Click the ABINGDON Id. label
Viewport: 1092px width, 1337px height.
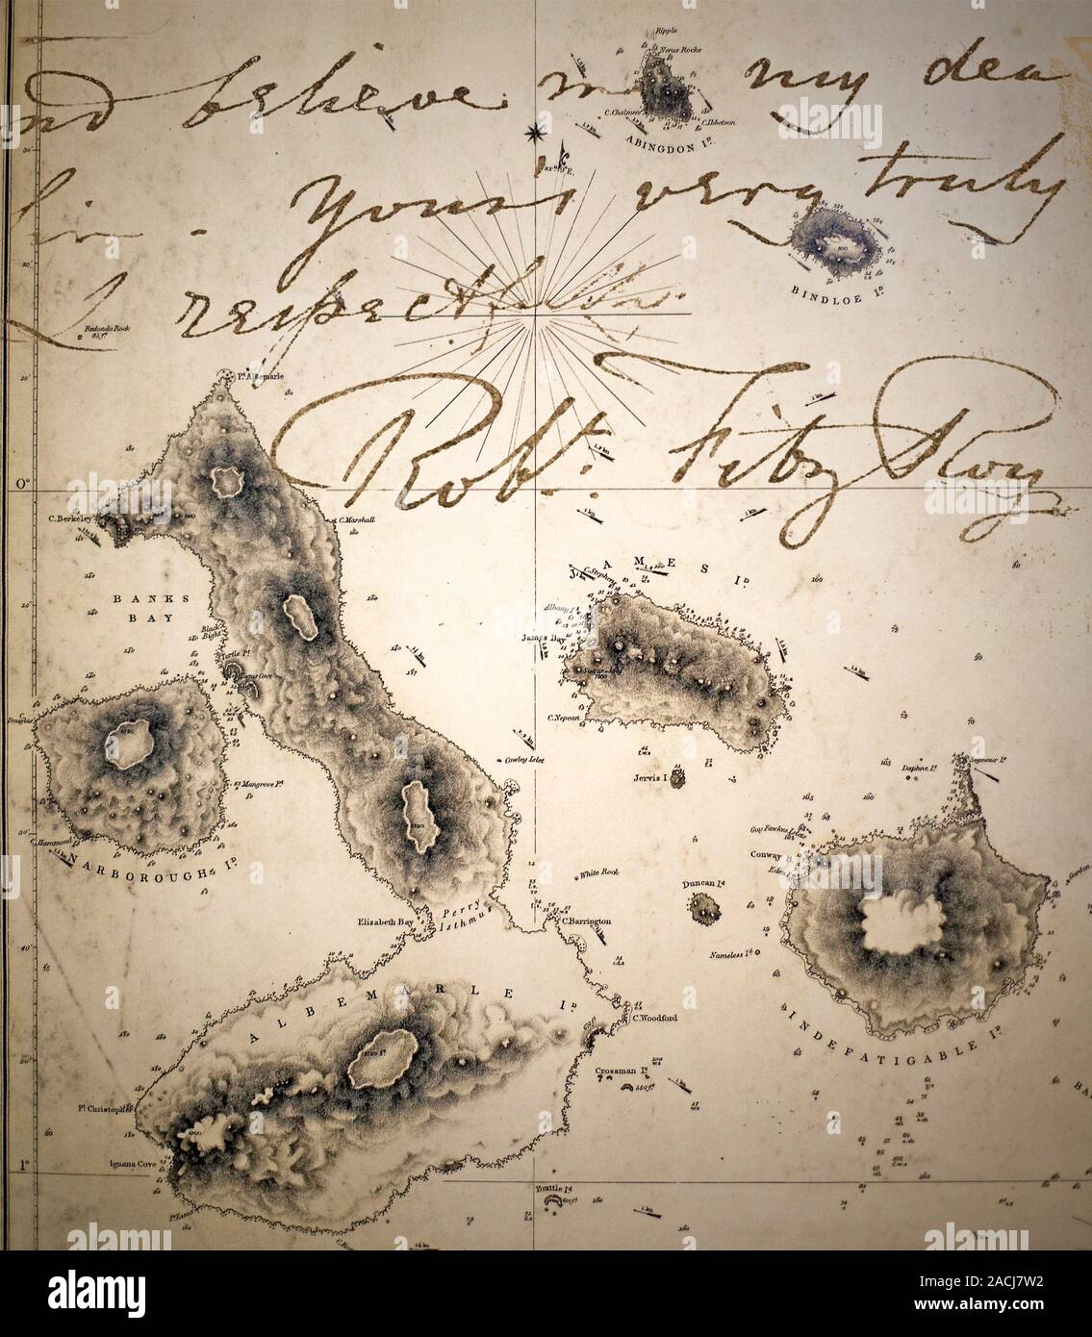pyautogui.click(x=665, y=138)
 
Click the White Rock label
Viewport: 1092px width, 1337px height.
pyautogui.click(x=600, y=874)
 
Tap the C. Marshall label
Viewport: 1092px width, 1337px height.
pyautogui.click(x=356, y=519)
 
